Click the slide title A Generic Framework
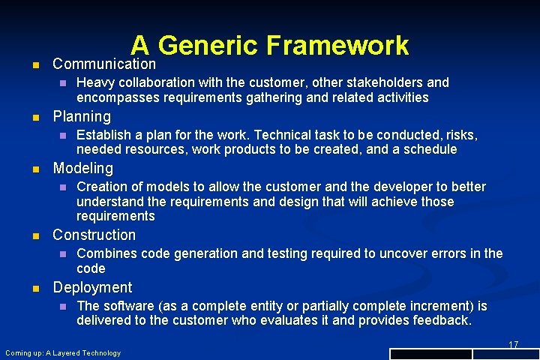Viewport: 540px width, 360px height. (x=270, y=46)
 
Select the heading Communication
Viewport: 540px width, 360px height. (x=104, y=64)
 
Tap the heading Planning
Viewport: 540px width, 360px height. (x=82, y=116)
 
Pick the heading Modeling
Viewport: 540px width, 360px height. (x=83, y=168)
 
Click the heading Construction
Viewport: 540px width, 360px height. (x=94, y=235)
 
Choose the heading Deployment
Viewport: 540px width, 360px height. (x=92, y=287)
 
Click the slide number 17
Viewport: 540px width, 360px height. (x=514, y=344)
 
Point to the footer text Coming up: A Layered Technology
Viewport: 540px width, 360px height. (x=63, y=352)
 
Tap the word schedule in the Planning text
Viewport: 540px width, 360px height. (x=430, y=149)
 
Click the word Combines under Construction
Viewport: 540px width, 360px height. (x=104, y=253)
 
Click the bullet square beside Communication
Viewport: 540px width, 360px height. (x=29, y=65)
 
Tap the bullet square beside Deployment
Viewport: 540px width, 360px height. (x=29, y=288)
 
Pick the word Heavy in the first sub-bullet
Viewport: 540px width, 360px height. (x=94, y=82)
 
